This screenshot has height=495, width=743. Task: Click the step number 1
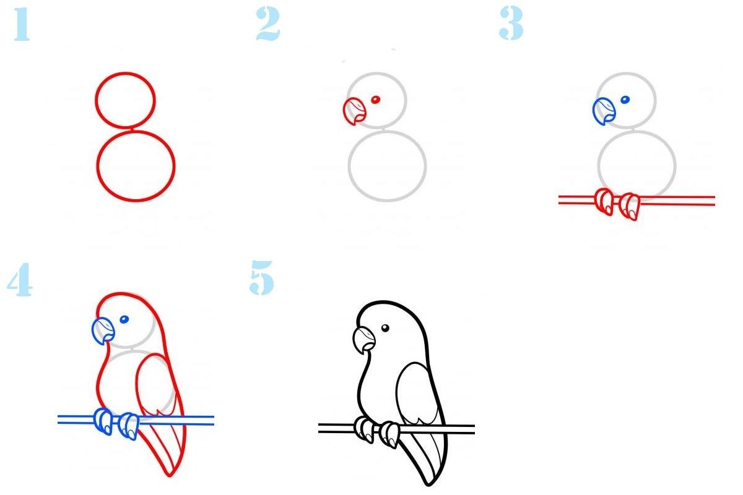pyautogui.click(x=22, y=24)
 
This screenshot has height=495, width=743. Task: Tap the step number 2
pyautogui.click(x=268, y=24)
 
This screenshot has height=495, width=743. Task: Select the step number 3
pyautogui.click(x=511, y=24)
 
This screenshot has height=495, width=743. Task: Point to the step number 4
pyautogui.click(x=20, y=280)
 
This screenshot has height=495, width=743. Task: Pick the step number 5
pyautogui.click(x=262, y=278)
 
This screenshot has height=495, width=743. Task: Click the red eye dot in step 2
pyautogui.click(x=375, y=100)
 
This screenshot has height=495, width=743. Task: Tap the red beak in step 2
pyautogui.click(x=354, y=111)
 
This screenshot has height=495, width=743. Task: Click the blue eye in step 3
pyautogui.click(x=625, y=100)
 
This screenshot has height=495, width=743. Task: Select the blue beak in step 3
pyautogui.click(x=604, y=111)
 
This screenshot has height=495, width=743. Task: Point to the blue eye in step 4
pyautogui.click(x=124, y=320)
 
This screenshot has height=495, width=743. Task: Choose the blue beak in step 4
pyautogui.click(x=103, y=331)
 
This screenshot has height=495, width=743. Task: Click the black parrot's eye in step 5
pyautogui.click(x=385, y=328)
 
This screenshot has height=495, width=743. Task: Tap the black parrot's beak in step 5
pyautogui.click(x=364, y=340)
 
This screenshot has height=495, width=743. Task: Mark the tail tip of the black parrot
pyautogui.click(x=428, y=485)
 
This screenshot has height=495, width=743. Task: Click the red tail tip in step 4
pyautogui.click(x=170, y=475)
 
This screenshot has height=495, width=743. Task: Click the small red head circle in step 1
pyautogui.click(x=96, y=100)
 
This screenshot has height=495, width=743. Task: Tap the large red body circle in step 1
pyautogui.click(x=98, y=166)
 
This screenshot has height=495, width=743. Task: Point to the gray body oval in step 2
pyautogui.click(x=349, y=166)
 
